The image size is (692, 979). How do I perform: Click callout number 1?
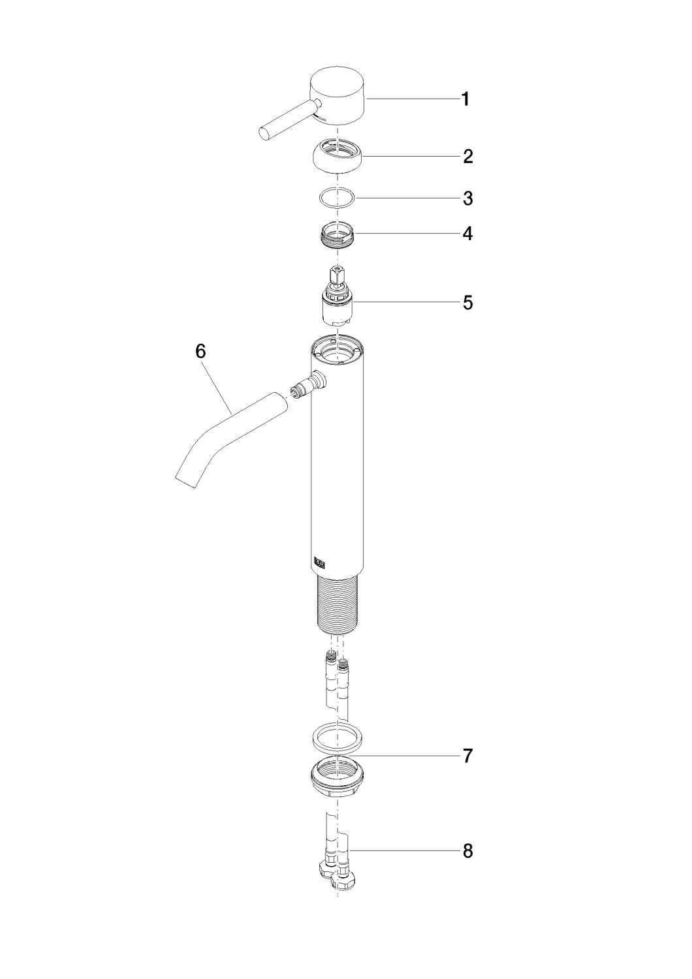pos(465,99)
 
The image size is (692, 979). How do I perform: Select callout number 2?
pos(467,157)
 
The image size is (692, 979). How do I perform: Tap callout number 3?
pos(467,198)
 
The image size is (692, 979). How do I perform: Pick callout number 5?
pos(467,302)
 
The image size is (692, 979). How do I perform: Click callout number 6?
pos(200,351)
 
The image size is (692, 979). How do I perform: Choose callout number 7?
pos(467,756)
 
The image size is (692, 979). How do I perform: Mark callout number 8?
pos(467,851)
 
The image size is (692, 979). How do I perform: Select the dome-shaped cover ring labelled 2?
pos(338,156)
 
